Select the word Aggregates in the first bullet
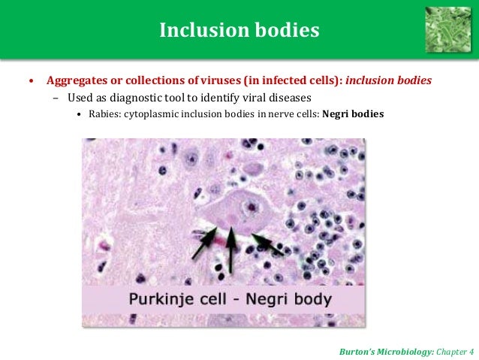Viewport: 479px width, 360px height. click(74, 80)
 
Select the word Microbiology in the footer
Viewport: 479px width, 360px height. click(397, 351)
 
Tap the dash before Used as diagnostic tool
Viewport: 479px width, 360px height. click(56, 98)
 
